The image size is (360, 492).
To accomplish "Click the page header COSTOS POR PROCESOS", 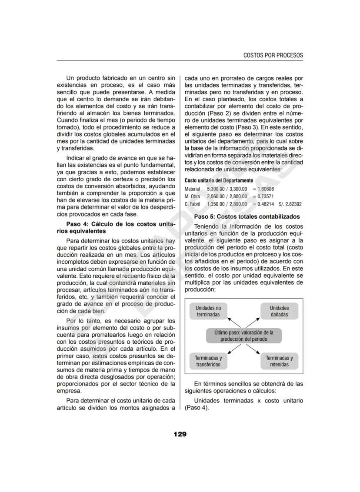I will (x=273, y=55).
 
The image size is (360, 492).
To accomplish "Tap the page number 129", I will (x=180, y=434).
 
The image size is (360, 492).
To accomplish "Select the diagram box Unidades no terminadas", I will (x=208, y=311).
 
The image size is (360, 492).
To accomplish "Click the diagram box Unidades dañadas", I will (x=279, y=311).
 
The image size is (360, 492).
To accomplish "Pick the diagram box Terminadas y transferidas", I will (x=208, y=361).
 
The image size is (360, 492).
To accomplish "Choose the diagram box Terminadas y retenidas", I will (x=279, y=361).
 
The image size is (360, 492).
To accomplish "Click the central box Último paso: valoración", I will (x=243, y=336).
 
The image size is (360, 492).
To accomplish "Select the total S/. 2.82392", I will (x=290, y=204).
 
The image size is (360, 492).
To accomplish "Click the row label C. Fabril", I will (x=192, y=204).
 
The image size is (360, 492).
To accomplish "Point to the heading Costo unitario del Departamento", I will (x=218, y=180).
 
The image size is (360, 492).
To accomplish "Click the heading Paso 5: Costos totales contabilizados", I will (x=247, y=216).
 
